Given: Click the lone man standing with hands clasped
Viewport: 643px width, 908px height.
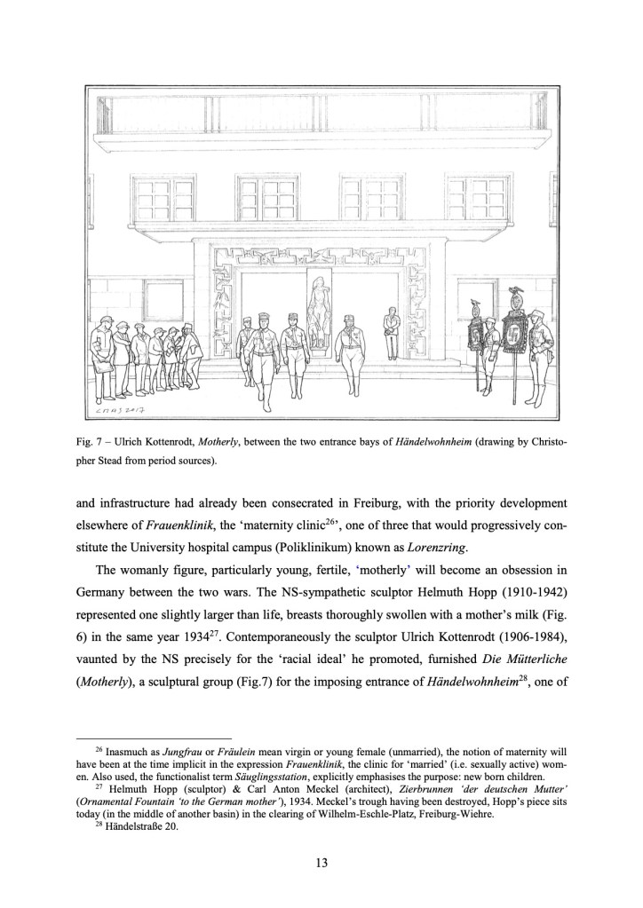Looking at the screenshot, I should (x=393, y=330).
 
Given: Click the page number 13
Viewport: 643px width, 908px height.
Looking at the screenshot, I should (x=321, y=860).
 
